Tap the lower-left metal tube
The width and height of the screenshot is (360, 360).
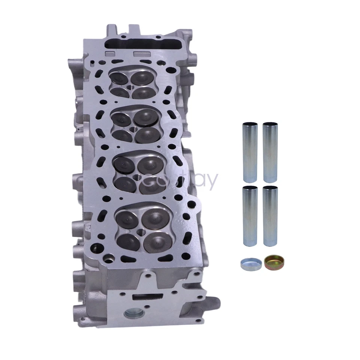click(250, 216)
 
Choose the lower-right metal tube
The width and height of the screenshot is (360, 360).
click(270, 216)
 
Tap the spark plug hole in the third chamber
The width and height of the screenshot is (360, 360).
click(134, 176)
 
